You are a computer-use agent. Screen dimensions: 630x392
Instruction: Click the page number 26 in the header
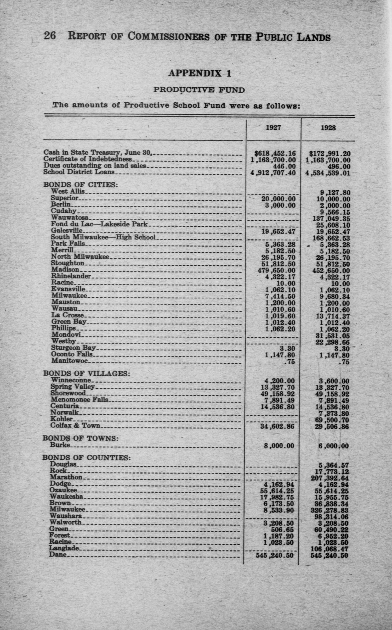50,36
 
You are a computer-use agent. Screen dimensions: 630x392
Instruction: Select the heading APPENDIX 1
200,73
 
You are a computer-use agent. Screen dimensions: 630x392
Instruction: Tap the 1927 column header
273,128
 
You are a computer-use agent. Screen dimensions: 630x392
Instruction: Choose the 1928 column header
328,128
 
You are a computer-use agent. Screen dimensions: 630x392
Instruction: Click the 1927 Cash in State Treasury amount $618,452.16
275,154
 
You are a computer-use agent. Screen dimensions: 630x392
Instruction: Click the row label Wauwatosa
70,218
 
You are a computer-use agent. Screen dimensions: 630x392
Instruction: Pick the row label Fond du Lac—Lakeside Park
99,224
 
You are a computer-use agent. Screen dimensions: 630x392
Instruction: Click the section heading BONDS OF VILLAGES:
87,373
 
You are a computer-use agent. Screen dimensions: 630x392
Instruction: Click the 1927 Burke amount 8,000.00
279,446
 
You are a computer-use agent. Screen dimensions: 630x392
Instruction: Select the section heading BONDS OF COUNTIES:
86,458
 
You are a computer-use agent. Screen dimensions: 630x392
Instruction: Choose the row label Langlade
64,548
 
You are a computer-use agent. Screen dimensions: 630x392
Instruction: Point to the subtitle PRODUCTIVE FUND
199,90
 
